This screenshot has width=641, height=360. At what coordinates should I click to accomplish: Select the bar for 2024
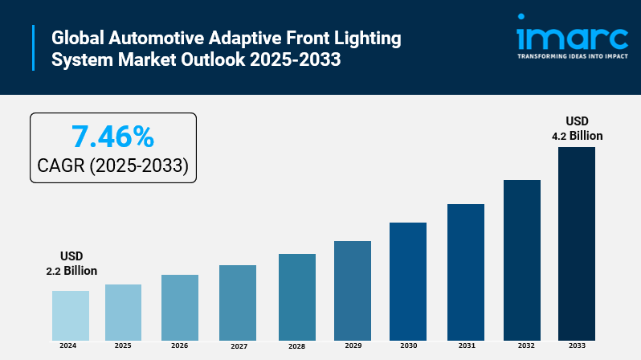pyautogui.click(x=71, y=315)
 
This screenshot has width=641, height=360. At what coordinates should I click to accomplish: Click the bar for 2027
pyautogui.click(x=238, y=302)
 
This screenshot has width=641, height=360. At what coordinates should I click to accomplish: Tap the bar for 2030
pyautogui.click(x=408, y=281)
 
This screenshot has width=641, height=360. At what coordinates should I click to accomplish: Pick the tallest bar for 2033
pyautogui.click(x=577, y=243)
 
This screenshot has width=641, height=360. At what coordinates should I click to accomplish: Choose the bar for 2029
pyautogui.click(x=353, y=290)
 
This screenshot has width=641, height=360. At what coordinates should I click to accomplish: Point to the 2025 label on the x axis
pyautogui.click(x=123, y=346)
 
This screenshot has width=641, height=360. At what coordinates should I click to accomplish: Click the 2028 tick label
pyautogui.click(x=297, y=346)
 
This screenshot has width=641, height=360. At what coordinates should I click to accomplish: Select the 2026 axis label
pyautogui.click(x=179, y=346)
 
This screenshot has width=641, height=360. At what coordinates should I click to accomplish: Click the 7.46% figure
pyautogui.click(x=112, y=137)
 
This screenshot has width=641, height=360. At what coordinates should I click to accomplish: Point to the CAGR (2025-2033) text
pyautogui.click(x=112, y=166)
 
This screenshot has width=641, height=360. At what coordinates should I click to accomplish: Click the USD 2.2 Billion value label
pyautogui.click(x=71, y=264)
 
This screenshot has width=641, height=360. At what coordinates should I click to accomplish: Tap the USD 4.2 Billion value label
pyautogui.click(x=577, y=129)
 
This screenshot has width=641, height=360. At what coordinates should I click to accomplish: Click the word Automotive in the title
pyautogui.click(x=155, y=38)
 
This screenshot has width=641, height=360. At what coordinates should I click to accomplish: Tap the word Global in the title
pyautogui.click(x=78, y=38)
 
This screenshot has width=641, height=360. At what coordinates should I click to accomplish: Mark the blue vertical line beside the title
pyautogui.click(x=34, y=49)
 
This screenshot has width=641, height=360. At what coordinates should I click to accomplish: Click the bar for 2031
pyautogui.click(x=466, y=272)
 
